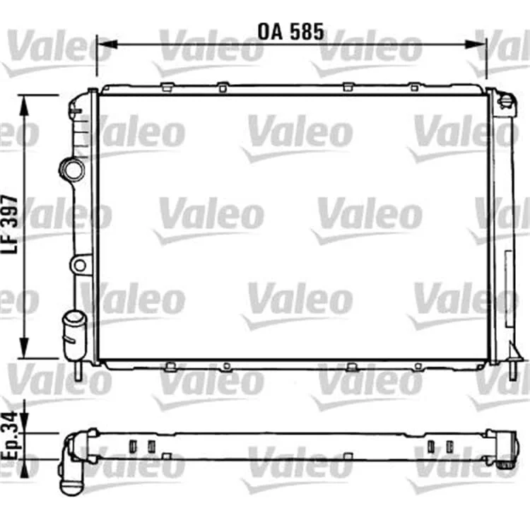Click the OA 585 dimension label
(290, 32)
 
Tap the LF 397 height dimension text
(9, 225)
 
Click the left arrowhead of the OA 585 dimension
(107, 44)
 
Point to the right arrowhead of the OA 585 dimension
(476, 44)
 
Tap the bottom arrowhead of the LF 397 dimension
(24, 348)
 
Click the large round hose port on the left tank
(72, 170)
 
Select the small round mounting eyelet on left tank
(80, 265)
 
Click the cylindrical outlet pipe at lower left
(74, 336)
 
